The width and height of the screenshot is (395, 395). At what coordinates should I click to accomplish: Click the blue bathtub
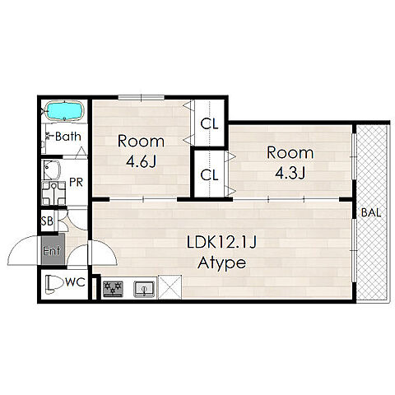[x=64, y=111]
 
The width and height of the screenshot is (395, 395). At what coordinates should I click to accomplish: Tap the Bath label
[x=68, y=137]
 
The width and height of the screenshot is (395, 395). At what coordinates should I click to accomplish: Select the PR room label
[x=76, y=183]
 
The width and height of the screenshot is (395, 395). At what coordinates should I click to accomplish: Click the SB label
[x=47, y=221]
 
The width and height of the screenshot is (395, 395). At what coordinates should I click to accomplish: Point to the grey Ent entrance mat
[x=53, y=249]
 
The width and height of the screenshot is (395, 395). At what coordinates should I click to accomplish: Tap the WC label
[x=75, y=282]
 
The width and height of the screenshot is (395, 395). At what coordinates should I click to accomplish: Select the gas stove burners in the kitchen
[x=113, y=289]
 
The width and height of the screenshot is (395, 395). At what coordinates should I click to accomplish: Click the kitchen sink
[x=144, y=289]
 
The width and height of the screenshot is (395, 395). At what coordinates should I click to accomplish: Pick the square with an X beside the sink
[x=170, y=287]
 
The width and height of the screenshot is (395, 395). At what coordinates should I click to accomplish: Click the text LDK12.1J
[x=221, y=243]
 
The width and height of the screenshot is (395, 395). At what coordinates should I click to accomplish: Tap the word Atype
[x=221, y=263]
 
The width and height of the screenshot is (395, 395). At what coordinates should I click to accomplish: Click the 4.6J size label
[x=141, y=162]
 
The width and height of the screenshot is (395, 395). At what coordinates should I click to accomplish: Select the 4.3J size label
[x=290, y=174]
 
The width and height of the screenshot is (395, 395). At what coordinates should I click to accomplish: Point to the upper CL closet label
[x=209, y=124]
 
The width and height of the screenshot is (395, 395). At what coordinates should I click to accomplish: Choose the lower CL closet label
[x=209, y=175]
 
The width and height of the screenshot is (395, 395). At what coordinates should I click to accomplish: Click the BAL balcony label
[x=371, y=212]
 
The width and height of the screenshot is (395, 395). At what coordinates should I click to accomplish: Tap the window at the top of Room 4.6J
[x=141, y=97]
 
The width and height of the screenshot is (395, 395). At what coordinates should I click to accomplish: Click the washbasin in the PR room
[x=52, y=170]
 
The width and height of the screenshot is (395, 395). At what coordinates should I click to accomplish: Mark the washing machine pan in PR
[x=53, y=193]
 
